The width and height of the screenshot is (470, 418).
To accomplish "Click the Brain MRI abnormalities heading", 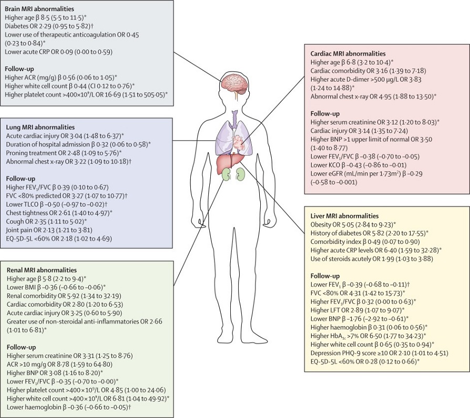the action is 39,9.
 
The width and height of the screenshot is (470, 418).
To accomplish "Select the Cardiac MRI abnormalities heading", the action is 348,54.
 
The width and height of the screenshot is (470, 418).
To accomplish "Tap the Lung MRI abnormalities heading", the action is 40,127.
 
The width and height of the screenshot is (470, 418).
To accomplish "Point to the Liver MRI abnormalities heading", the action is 344,216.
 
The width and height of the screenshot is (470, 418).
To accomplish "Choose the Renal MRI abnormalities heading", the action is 42,270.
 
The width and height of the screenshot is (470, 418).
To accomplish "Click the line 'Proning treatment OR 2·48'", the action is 64,153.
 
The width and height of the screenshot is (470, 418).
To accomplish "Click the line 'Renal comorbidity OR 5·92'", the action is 64,296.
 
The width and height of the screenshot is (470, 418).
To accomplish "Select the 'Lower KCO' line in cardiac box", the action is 359,165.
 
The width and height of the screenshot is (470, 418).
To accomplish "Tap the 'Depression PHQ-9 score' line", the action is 379,353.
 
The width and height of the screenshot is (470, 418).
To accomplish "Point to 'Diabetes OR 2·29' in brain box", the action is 50,26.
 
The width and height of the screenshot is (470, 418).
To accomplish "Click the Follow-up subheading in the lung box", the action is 21,179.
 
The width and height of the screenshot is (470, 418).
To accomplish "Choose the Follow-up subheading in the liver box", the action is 325,276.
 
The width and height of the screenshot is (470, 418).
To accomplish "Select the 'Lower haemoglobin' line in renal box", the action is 69,407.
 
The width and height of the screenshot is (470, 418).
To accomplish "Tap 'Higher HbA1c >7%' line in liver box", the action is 369,336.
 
